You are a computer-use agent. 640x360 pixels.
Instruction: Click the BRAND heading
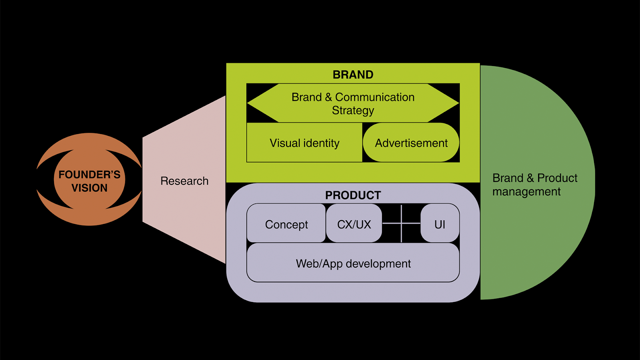[353, 75]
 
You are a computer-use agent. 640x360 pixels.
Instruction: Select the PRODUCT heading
[353, 195]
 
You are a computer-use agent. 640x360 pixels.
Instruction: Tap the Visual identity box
[304, 143]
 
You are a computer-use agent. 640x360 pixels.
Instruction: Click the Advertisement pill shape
[411, 143]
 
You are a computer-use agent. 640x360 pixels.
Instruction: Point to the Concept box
[286, 224]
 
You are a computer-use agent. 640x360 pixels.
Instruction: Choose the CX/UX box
[354, 224]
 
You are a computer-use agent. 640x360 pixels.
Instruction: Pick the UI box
[440, 224]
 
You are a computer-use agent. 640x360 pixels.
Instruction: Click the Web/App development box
[353, 264]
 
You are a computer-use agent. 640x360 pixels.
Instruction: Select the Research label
[184, 181]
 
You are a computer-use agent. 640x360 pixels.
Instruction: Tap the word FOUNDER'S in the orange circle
[89, 174]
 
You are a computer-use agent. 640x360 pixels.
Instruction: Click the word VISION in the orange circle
[89, 188]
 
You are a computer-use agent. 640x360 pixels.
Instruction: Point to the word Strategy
[353, 110]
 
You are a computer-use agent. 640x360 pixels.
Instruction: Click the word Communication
[375, 97]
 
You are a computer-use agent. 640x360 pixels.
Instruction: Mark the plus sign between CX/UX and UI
[401, 223]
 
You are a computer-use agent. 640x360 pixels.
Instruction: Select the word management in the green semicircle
[526, 192]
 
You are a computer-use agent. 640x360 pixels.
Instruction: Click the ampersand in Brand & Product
[530, 178]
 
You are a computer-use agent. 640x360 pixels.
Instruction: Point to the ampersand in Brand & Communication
[328, 97]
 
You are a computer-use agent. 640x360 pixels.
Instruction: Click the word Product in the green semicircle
[557, 178]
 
